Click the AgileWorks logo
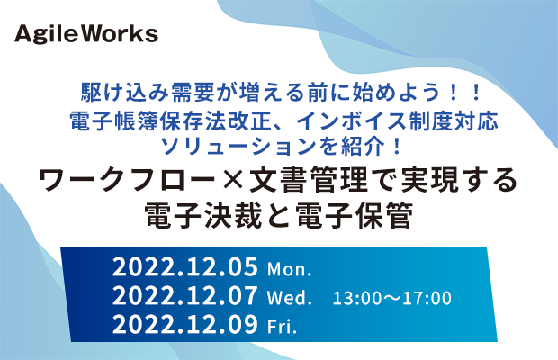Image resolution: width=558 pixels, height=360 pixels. tap(86, 34)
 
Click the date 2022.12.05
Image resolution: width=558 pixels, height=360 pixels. tap(185, 267)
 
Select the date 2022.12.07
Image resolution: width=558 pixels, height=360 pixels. tap(185, 295)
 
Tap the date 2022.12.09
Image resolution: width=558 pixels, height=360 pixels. tap(185, 324)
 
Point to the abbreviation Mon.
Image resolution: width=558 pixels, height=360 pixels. tap(289, 270)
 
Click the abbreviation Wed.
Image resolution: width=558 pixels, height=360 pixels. tap(289, 297)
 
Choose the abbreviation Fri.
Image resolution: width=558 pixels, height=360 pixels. tap(282, 326)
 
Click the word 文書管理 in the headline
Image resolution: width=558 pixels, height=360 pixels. tap(308, 180)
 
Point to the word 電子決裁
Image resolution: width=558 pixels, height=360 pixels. tap(203, 216)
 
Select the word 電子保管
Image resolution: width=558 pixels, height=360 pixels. tap(355, 216)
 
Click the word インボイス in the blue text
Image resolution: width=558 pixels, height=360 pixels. tap(352, 121)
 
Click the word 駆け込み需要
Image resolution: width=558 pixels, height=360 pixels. tap(148, 93)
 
